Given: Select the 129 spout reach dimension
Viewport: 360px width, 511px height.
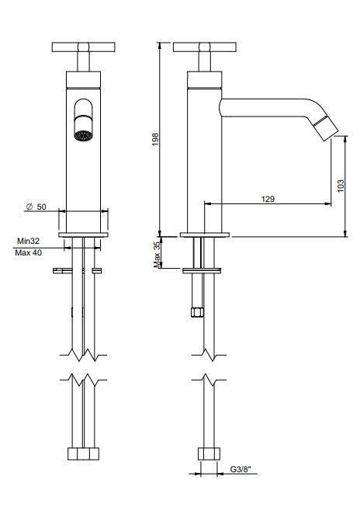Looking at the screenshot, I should click(268, 199).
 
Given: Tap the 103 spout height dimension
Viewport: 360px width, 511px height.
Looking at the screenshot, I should click(341, 187).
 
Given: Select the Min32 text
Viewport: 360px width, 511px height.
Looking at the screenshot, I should click(29, 241).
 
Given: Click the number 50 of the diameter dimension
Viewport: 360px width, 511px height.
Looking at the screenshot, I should click(42, 207).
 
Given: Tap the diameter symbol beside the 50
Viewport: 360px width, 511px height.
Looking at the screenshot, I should click(29, 207).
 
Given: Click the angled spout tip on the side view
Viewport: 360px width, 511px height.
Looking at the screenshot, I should click(327, 130).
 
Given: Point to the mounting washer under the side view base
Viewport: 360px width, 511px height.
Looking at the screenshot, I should click(204, 270).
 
